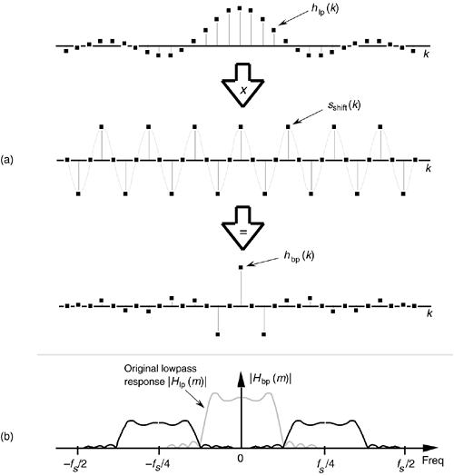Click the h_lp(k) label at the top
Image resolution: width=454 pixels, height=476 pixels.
tap(324, 9)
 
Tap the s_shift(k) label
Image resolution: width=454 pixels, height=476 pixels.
tap(344, 105)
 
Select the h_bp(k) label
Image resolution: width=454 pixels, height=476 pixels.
tap(299, 256)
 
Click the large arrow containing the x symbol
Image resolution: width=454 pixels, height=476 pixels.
tap(242, 85)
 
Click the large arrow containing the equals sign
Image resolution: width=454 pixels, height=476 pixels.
tap(242, 228)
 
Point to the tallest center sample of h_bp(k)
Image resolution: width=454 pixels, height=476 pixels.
tap(241, 267)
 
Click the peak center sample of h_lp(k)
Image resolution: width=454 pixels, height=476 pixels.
tap(240, 8)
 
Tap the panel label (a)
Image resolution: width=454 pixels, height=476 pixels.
tap(6, 159)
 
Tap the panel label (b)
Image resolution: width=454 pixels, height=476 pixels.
tap(6, 437)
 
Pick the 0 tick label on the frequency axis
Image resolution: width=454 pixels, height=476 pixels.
tap(241, 459)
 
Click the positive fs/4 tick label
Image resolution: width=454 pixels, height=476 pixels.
tap(325, 463)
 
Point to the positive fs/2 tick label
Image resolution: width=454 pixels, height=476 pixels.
tap(406, 463)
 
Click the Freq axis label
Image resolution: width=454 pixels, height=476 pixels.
tap(433, 461)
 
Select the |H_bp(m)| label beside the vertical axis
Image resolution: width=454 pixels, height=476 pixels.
tap(271, 379)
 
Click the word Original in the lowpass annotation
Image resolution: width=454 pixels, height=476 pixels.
tap(141, 369)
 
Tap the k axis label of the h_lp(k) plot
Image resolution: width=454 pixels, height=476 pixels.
tap(427, 54)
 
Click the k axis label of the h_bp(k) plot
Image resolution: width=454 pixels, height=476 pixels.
tap(429, 313)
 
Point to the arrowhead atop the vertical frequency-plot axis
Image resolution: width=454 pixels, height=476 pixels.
tap(241, 379)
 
